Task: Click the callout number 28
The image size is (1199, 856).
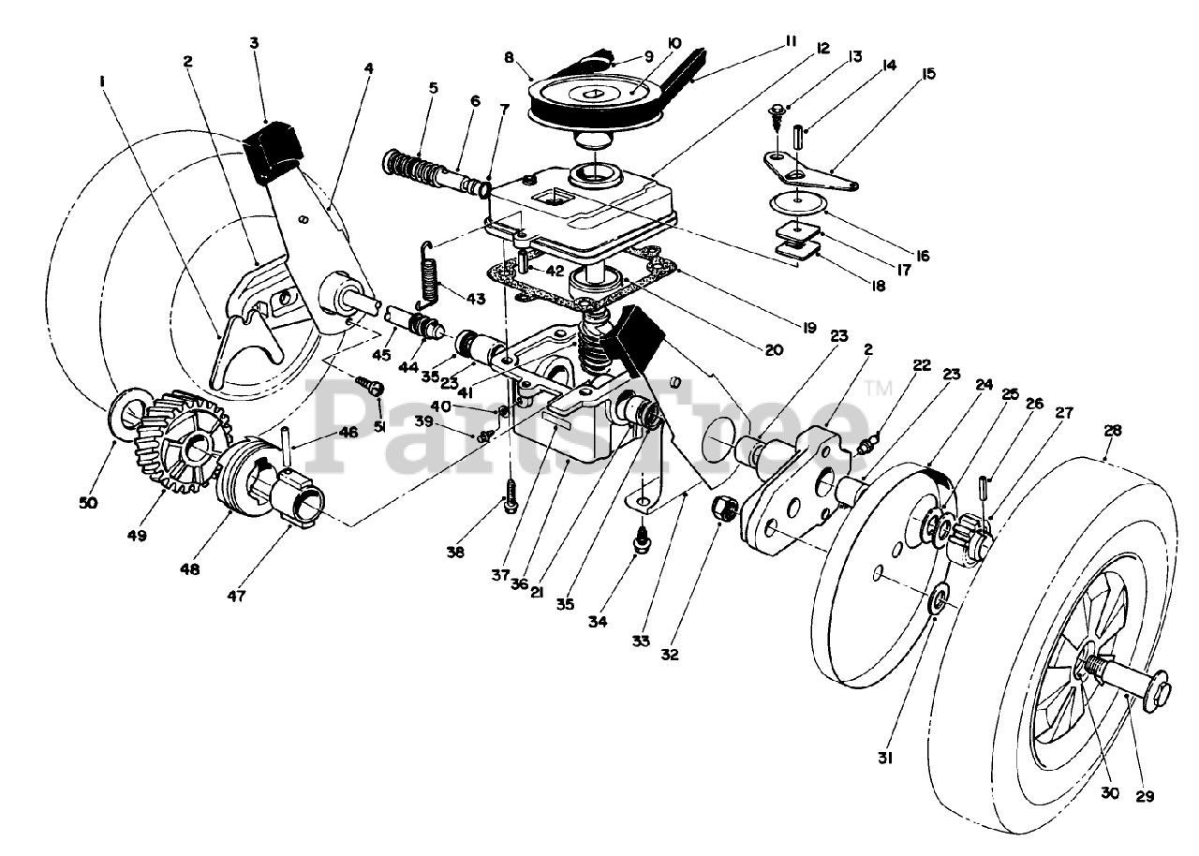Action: pyautogui.click(x=1113, y=431)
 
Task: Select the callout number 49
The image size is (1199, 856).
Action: pyautogui.click(x=137, y=535)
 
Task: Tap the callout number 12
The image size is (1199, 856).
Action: pyautogui.click(x=822, y=48)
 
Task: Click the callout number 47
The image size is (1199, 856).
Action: pyautogui.click(x=236, y=596)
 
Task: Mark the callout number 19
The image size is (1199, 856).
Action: pyautogui.click(x=808, y=328)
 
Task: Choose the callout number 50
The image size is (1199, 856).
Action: pyautogui.click(x=88, y=503)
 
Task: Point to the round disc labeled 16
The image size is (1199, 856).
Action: pyautogui.click(x=797, y=205)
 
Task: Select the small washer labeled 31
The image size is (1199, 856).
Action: pyautogui.click(x=939, y=599)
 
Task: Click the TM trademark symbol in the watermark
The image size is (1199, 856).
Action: pyautogui.click(x=878, y=388)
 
